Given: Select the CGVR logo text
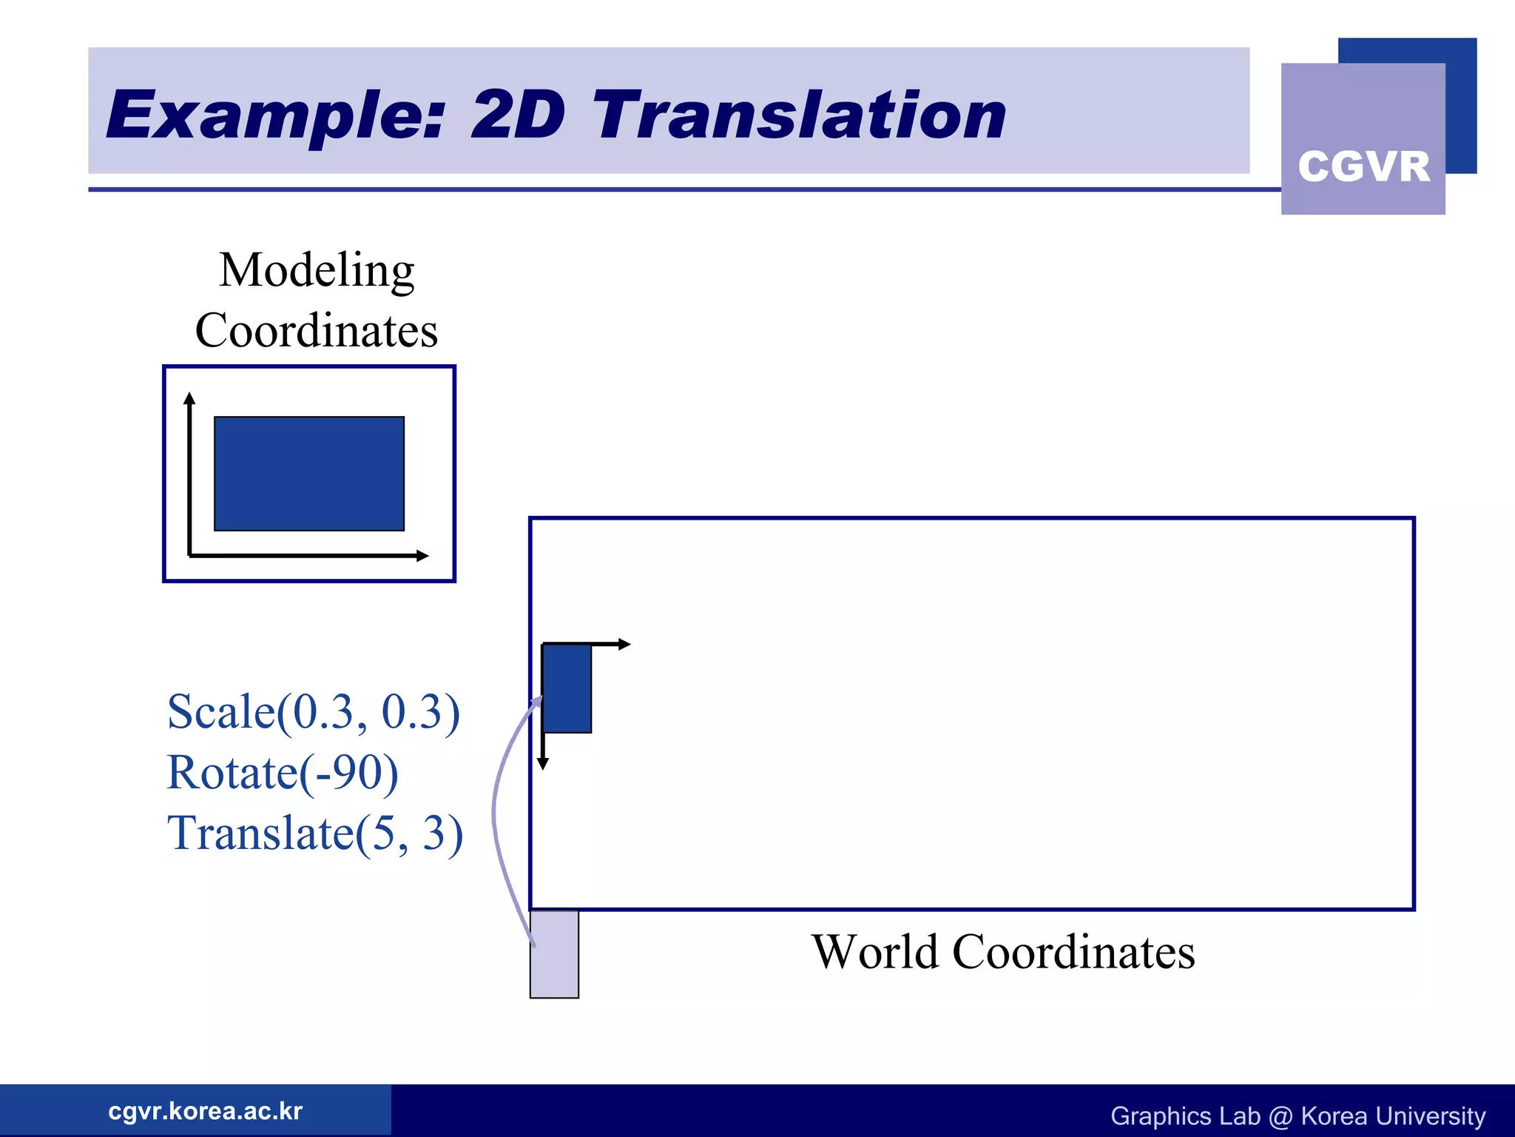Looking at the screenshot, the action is point(1363,166).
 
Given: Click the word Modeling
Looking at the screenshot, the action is point(317,270).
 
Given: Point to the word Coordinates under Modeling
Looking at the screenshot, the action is point(317,330).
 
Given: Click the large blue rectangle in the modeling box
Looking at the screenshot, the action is point(309,474).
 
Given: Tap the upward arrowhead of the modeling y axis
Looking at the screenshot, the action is point(189,398).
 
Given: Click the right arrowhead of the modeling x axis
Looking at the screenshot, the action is point(422,555).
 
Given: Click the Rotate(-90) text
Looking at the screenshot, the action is point(283,772).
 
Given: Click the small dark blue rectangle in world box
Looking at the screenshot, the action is point(567,688).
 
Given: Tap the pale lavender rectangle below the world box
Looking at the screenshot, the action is point(554,954).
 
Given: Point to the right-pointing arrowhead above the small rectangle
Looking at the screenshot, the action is point(624,644).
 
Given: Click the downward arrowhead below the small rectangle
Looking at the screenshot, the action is point(543,764).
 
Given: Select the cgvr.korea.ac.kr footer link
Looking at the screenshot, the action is point(205,1111).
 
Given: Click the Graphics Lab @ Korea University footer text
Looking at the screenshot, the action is point(1298,1116).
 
